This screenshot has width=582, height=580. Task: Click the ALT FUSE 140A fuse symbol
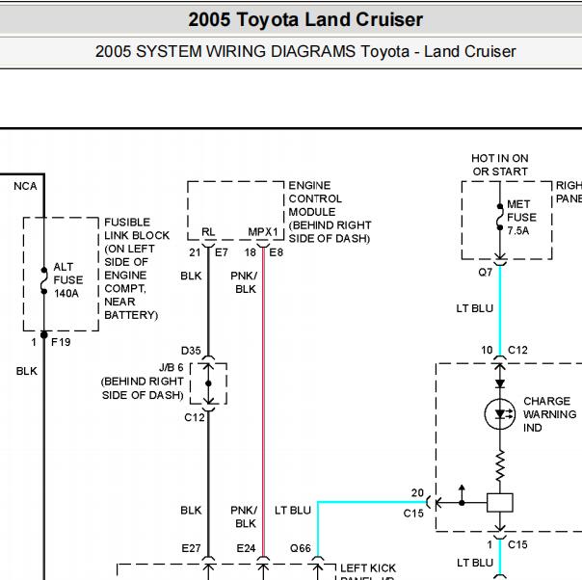click(44, 280)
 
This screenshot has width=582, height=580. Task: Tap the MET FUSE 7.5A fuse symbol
click(500, 217)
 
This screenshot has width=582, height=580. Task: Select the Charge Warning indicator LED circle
click(500, 414)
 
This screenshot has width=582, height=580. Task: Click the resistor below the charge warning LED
click(500, 465)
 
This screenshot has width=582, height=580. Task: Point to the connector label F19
click(61, 342)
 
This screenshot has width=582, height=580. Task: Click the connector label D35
click(191, 351)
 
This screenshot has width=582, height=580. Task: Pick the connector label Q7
click(485, 273)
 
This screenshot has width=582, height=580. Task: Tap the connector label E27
click(191, 548)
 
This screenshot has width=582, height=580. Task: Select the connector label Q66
click(301, 548)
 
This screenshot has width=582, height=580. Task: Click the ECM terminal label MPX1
click(263, 232)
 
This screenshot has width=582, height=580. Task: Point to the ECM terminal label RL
click(208, 232)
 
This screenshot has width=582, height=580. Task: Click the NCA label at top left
click(25, 186)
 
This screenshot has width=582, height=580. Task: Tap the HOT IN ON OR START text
click(500, 165)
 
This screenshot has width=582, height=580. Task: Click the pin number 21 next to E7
click(195, 252)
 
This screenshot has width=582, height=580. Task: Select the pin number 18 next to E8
click(251, 252)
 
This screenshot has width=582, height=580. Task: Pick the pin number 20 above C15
click(417, 492)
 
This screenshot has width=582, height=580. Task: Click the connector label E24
click(246, 548)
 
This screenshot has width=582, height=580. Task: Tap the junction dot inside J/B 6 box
click(208, 383)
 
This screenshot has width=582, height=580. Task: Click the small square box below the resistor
click(500, 503)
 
